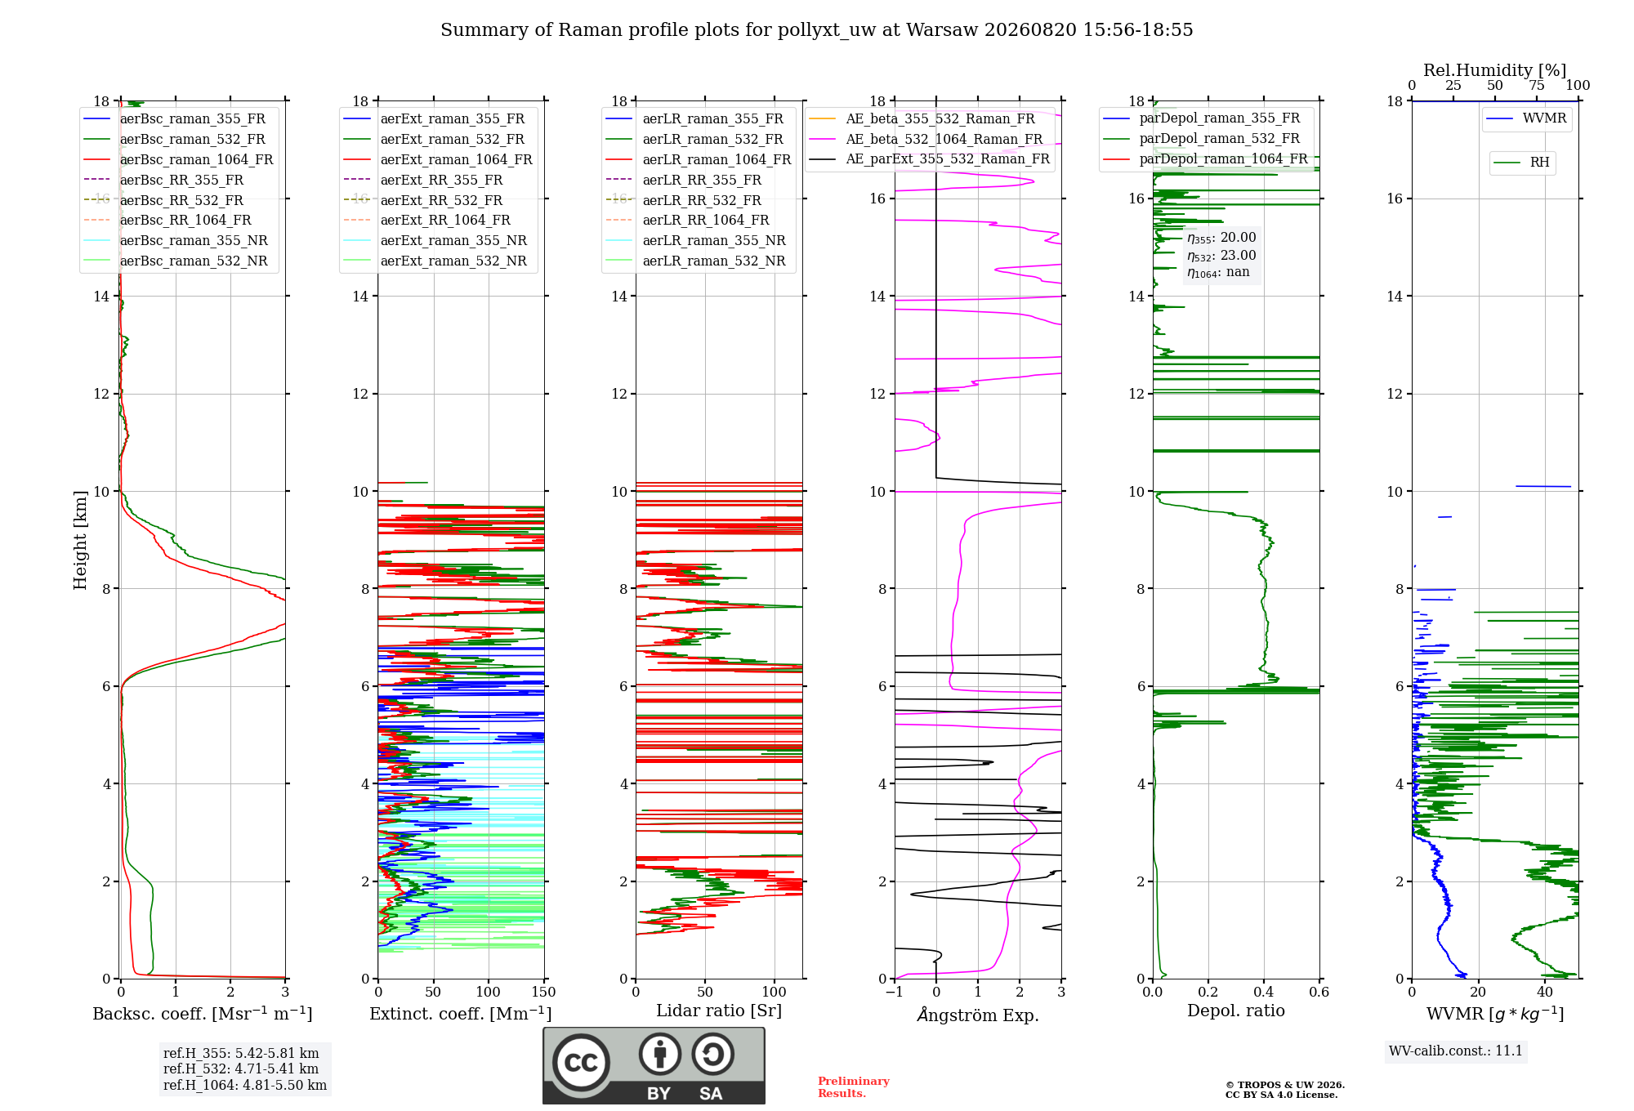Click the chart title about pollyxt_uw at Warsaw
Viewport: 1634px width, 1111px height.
point(817,30)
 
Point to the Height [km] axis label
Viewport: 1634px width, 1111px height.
point(80,540)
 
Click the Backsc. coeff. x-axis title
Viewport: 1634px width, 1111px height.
point(203,1013)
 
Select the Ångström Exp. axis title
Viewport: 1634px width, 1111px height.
point(978,1015)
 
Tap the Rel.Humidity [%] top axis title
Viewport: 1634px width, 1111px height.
point(1495,70)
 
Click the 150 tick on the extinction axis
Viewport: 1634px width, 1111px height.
point(543,992)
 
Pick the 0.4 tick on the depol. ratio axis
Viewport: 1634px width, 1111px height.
point(1264,992)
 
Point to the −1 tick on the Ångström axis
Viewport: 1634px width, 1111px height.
point(895,992)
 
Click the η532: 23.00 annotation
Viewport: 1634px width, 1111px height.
point(1221,256)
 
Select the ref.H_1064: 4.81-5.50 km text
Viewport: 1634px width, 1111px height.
point(245,1085)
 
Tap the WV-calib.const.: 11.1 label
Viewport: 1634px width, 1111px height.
point(1456,1051)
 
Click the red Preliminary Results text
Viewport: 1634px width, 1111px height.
point(854,1087)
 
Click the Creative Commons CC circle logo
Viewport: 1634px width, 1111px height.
point(581,1062)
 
